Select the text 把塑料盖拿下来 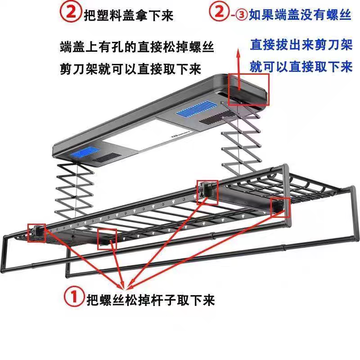128,15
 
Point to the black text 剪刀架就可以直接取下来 130,68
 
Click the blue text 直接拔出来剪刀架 299,45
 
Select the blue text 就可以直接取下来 301,67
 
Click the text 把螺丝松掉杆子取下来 151,298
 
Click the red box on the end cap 248,89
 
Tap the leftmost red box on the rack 36,233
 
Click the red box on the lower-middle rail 107,238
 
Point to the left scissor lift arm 74,189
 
